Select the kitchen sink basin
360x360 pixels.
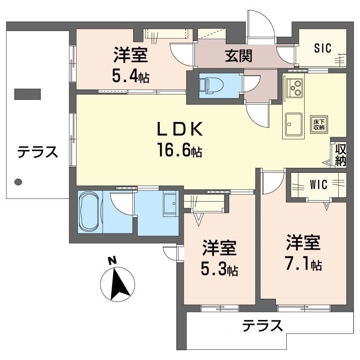coord(294,121)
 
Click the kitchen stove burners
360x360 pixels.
coord(296,86)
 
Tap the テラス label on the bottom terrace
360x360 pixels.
coord(262,325)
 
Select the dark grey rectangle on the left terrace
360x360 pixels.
coord(27,94)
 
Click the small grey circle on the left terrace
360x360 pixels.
coord(18,182)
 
